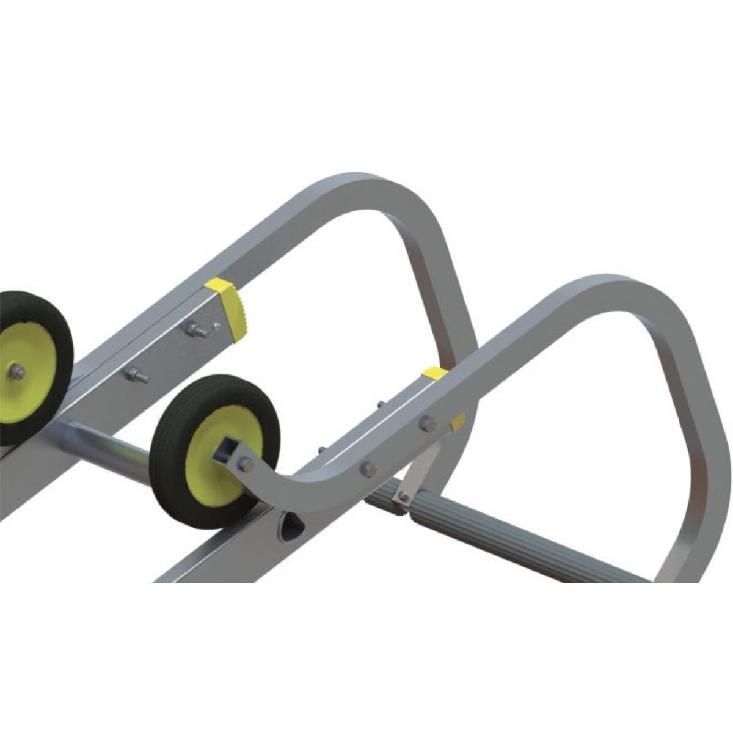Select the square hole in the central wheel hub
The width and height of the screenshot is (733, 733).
pos(223,451)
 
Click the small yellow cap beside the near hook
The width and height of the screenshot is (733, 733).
pos(457,421)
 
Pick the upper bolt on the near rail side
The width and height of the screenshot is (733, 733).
pos(428,423)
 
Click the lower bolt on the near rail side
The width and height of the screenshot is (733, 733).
pos(368,469)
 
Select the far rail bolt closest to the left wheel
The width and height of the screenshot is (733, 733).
pos(136,376)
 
